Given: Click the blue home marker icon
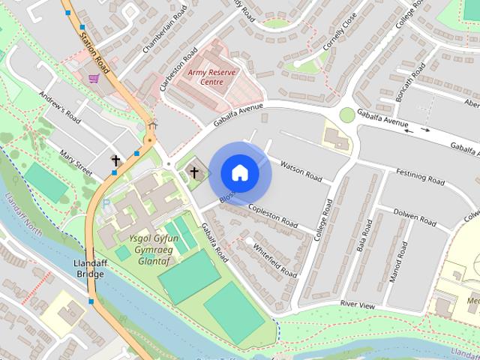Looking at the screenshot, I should (239, 173).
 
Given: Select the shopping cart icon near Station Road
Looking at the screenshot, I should (94, 78).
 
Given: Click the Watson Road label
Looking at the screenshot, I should (300, 171).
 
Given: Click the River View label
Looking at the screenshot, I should (357, 304).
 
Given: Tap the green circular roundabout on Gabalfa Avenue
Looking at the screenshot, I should (346, 115).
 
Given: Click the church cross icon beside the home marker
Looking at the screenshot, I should (194, 172).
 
